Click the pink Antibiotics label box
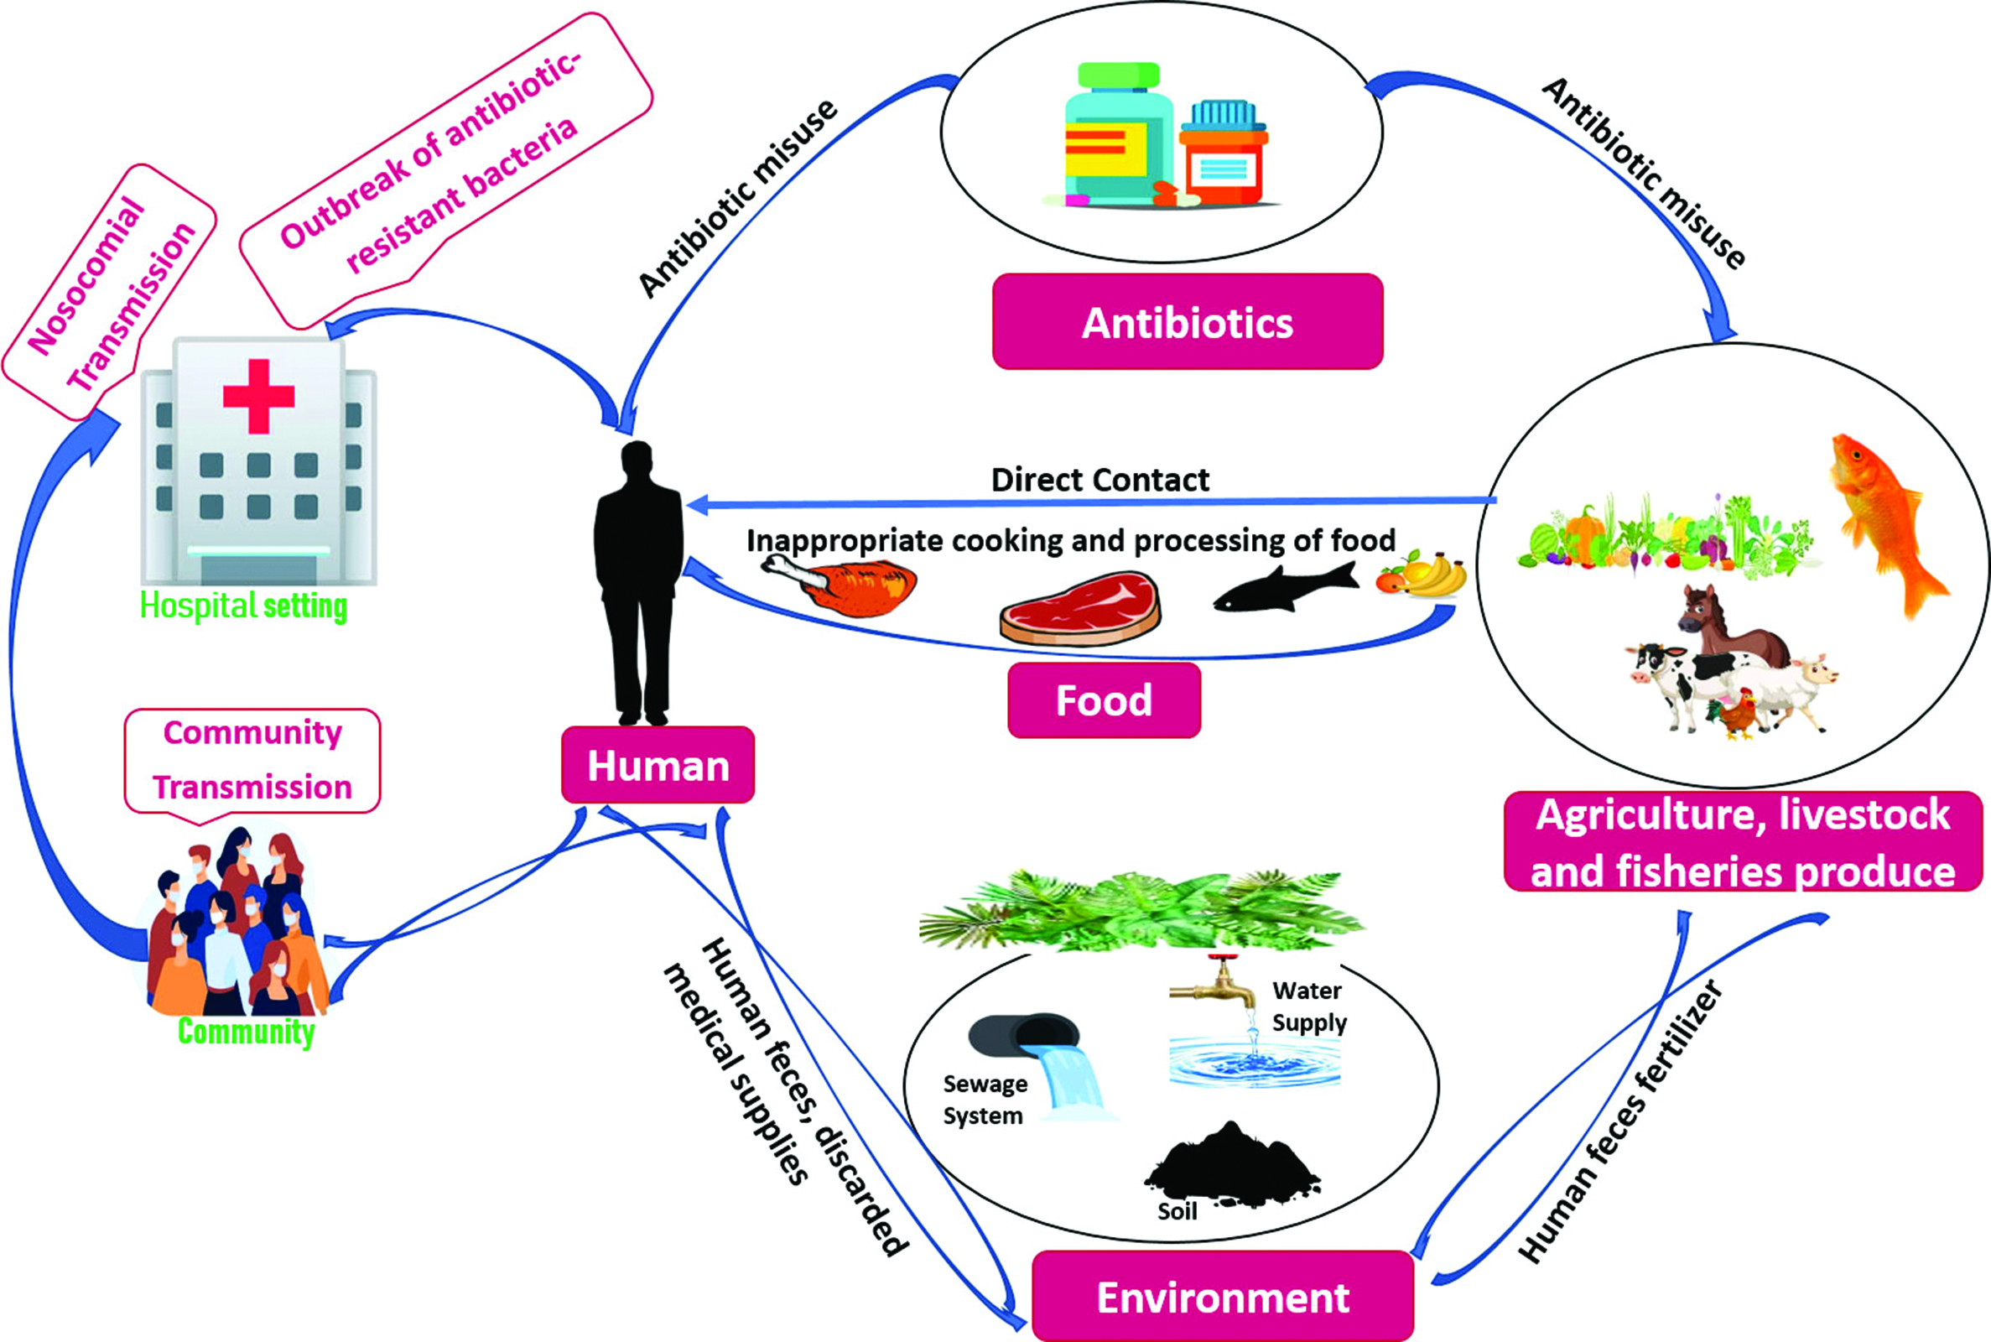point(1187,323)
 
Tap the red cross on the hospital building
point(258,395)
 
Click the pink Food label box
point(1104,700)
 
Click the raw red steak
point(1079,610)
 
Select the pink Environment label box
point(1223,1297)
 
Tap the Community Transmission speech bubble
point(252,760)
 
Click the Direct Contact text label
point(1099,480)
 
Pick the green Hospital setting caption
point(243,606)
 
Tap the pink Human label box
point(658,765)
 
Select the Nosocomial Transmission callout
point(110,291)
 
